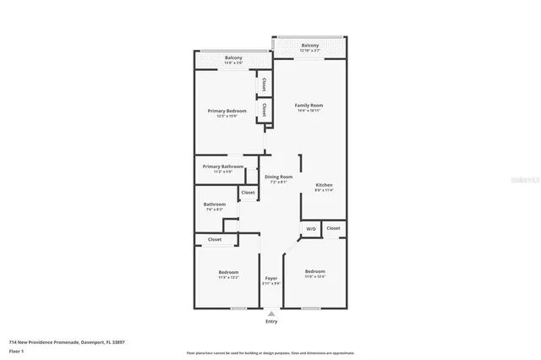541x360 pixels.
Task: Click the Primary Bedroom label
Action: click(227, 111)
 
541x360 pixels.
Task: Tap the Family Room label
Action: click(309, 106)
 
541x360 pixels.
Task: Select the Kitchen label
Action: click(324, 185)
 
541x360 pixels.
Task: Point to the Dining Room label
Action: click(278, 177)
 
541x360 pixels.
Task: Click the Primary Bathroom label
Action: click(222, 166)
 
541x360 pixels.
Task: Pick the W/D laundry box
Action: click(310, 228)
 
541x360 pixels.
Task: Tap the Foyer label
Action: click(271, 278)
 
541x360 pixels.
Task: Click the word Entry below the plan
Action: click(271, 321)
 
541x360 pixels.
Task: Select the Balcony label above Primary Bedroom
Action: click(233, 57)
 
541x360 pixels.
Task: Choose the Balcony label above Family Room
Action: click(310, 46)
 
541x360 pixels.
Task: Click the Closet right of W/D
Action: click(334, 228)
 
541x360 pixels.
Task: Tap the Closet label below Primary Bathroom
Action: click(248, 194)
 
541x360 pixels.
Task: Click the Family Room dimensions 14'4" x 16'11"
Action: click(309, 111)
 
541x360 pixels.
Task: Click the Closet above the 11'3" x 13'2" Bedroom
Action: click(215, 239)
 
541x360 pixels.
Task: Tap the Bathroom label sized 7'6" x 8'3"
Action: click(214, 205)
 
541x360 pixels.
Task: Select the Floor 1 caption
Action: click(16, 349)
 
